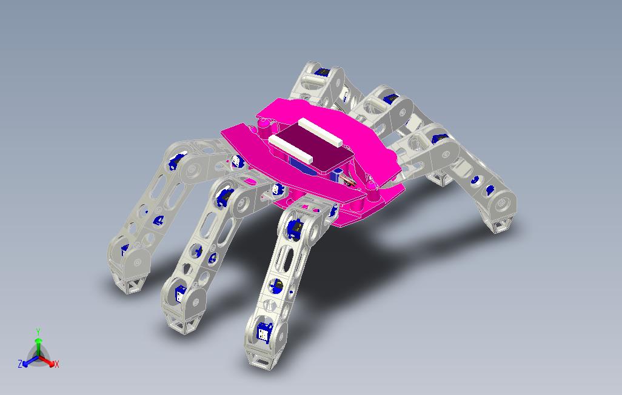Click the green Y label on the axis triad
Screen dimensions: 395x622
coord(38,331)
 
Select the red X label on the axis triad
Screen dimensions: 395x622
coord(57,364)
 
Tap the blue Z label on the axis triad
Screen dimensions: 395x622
coord(20,364)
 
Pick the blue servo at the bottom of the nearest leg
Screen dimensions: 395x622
coord(265,331)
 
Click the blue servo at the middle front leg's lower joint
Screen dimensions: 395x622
coord(181,295)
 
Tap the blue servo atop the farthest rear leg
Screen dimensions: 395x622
coord(323,72)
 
